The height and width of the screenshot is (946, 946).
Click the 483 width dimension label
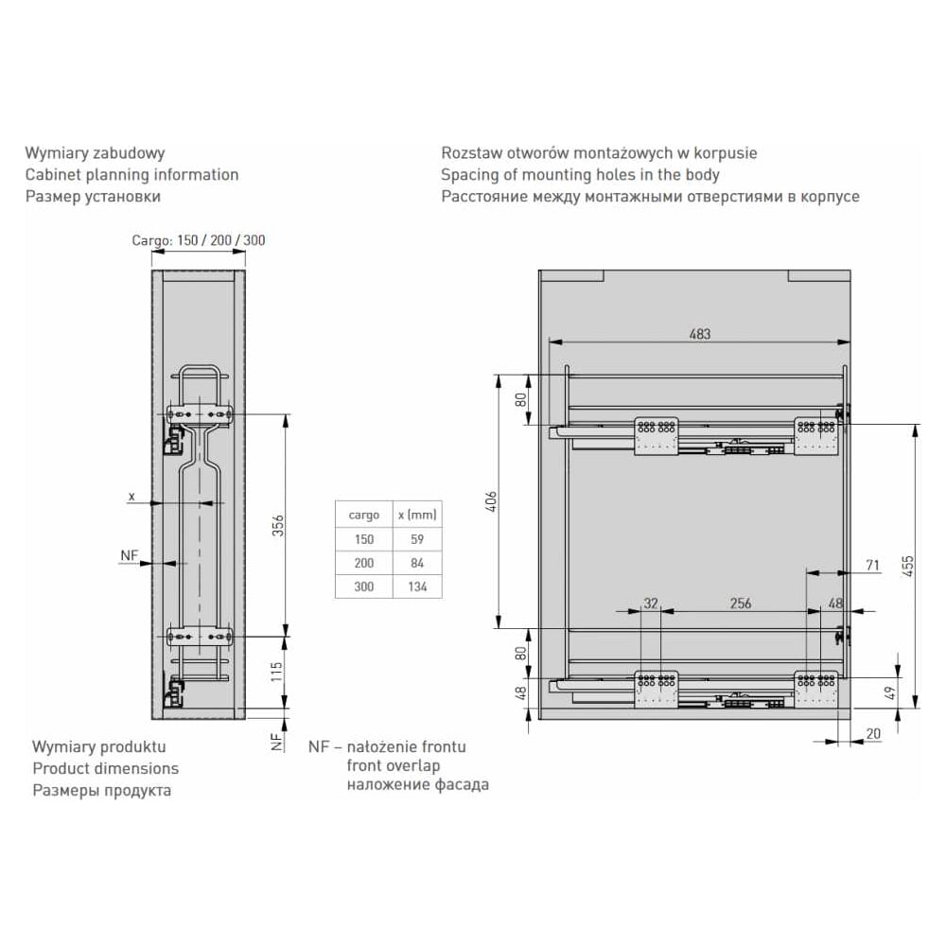tap(700, 334)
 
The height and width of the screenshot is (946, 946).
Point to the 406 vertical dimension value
tap(492, 501)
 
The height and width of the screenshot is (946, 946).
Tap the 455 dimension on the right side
tap(907, 567)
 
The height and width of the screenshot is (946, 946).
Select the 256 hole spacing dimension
tap(741, 604)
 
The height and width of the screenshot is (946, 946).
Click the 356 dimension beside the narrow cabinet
tap(277, 525)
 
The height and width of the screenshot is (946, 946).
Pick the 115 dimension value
tap(276, 672)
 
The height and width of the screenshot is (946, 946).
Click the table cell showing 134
tap(417, 587)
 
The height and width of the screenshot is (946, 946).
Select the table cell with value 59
tap(417, 539)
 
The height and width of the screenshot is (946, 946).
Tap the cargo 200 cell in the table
tap(364, 563)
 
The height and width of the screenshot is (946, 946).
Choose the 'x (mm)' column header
tap(417, 516)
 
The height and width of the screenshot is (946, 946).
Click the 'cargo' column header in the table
tap(364, 516)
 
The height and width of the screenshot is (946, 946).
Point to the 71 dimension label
tap(872, 566)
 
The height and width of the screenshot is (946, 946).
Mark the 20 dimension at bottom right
tap(873, 734)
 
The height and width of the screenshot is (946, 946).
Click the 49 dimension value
tap(890, 693)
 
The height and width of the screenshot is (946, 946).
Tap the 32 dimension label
tap(651, 604)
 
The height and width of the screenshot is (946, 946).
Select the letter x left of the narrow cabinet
tap(131, 498)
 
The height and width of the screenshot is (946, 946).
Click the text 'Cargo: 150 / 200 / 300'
tap(199, 240)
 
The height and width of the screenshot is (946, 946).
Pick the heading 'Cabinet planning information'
tap(132, 175)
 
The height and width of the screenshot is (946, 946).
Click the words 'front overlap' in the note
tap(394, 765)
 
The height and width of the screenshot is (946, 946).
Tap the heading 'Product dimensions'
tap(106, 768)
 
